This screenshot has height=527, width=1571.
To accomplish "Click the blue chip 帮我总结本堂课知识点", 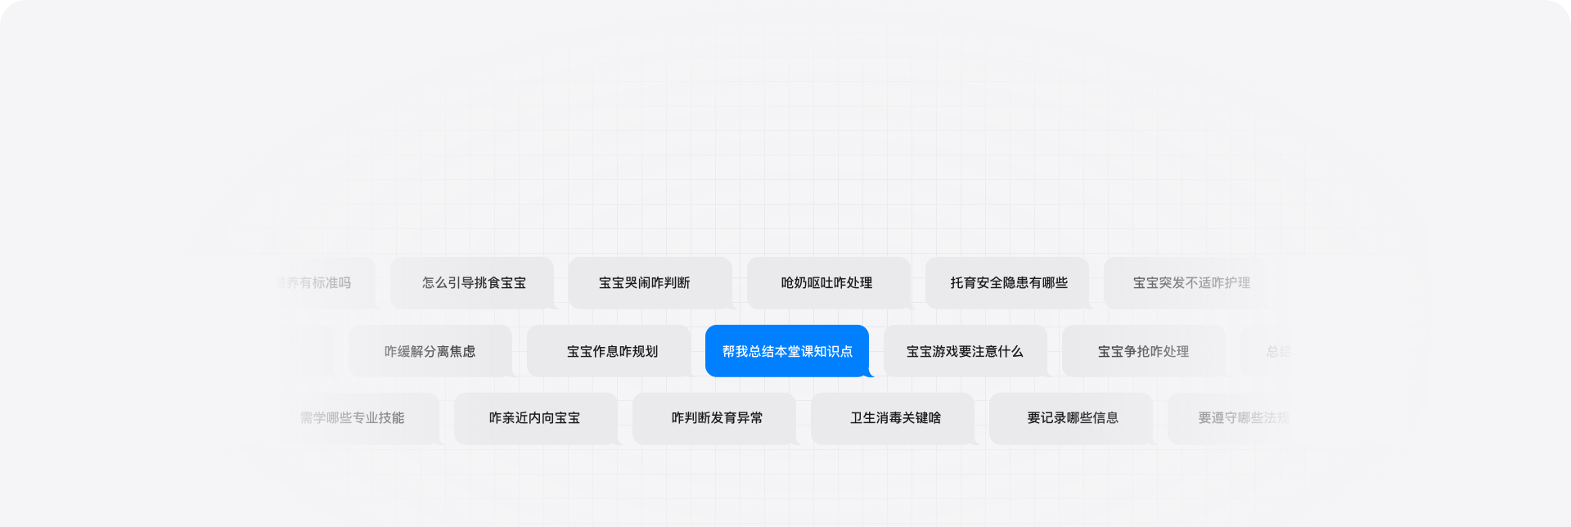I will tap(786, 351).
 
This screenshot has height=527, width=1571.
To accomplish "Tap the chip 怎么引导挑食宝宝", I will tap(473, 283).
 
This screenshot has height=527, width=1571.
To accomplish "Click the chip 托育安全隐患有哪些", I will tap(1007, 283).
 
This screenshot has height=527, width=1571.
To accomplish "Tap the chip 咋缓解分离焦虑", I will tap(430, 351).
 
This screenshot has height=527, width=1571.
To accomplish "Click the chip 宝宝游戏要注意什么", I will tap(966, 351).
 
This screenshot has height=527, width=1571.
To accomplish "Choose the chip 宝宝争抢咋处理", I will tap(1143, 351).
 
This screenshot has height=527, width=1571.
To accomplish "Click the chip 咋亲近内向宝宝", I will tap(535, 418).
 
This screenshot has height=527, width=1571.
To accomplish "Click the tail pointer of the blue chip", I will tap(869, 373).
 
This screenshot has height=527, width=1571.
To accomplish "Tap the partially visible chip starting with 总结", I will tap(1276, 351).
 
